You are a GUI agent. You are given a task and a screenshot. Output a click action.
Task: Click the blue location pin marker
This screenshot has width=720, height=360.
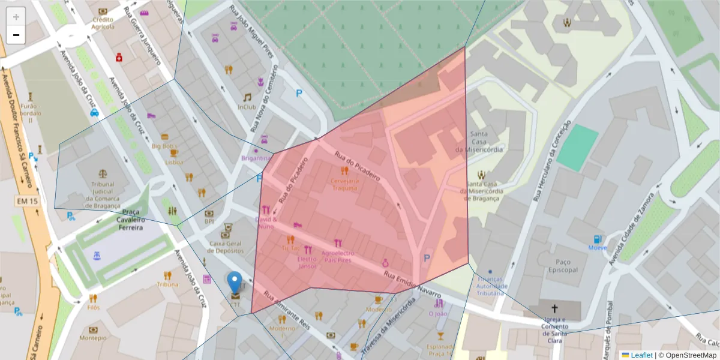coord(235,282)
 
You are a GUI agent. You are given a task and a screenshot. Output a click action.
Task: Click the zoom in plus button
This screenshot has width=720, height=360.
coord(16,17)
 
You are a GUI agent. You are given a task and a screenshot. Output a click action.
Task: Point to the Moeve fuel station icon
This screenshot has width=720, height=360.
coord(597,239)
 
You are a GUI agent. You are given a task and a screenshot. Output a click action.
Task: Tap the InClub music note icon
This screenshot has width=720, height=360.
coord(247,97)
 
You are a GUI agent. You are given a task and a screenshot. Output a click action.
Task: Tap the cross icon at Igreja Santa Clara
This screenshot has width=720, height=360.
coord(554,308)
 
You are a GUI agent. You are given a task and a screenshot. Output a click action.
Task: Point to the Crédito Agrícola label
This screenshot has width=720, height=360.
coord(103,23)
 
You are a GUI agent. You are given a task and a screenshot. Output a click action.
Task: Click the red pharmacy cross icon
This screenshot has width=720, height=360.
coord(119,57)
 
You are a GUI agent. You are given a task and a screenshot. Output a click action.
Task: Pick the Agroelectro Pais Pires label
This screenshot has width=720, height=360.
coord(338,257)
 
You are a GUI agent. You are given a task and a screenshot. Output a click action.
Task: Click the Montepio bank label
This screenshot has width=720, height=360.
coord(93,338)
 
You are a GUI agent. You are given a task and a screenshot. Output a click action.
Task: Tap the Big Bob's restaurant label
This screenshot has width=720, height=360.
coord(164,146)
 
